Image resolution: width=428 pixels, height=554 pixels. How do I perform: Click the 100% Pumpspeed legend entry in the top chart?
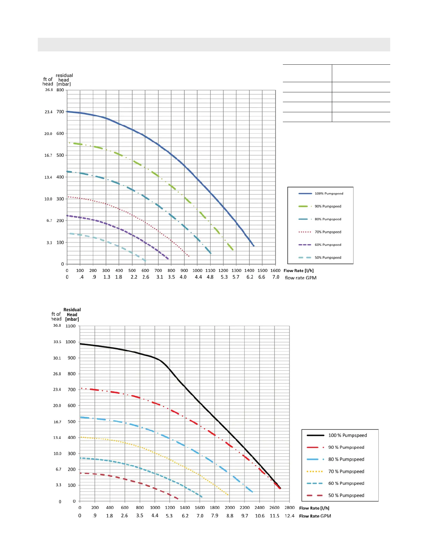point(329,193)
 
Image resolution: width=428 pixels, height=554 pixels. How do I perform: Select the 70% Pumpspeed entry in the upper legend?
point(328,232)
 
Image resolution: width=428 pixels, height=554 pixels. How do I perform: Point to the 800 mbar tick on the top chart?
point(60,90)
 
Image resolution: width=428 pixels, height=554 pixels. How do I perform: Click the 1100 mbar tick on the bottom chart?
point(71,326)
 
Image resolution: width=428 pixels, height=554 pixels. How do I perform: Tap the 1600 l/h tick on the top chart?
point(276,270)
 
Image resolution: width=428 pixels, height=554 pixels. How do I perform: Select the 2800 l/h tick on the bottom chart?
point(290,507)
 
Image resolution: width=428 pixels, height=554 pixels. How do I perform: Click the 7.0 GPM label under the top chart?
point(276,277)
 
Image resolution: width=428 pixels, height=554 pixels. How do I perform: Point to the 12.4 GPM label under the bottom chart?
point(290,516)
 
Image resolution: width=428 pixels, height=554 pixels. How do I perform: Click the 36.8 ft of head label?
point(57,326)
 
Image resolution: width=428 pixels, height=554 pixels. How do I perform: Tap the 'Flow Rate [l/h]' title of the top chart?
point(299,271)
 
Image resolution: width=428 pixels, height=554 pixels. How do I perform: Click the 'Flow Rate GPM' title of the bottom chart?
point(315,516)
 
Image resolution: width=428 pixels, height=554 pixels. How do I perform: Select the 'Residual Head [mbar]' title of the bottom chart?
point(72,314)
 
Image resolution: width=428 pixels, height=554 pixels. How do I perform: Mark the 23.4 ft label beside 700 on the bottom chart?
point(57,390)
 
